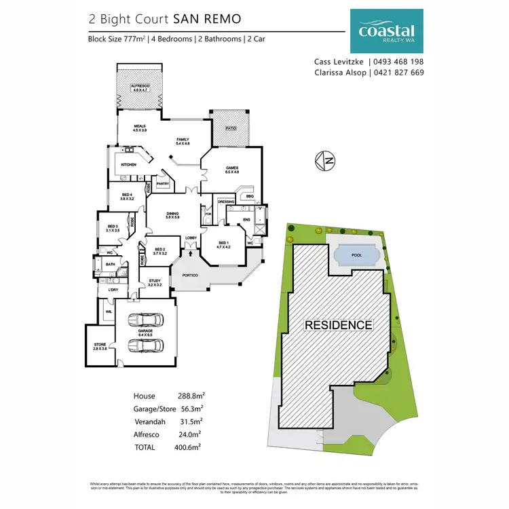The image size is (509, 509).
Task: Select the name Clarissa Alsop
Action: [x=339, y=73]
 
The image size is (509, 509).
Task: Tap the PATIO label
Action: [x=231, y=127]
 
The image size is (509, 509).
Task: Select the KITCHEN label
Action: [x=128, y=164]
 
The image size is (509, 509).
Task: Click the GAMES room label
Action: [x=231, y=169]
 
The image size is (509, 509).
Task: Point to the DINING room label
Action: [x=172, y=215]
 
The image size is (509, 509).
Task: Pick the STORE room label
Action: [x=100, y=345]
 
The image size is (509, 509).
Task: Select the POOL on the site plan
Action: [x=356, y=255]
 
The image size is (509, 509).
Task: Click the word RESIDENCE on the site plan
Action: [x=338, y=325]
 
